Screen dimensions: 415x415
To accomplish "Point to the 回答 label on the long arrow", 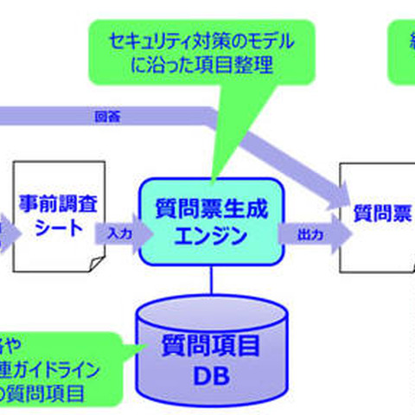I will point(102,117).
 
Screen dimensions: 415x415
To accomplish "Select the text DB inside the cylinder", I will point(212,379).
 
